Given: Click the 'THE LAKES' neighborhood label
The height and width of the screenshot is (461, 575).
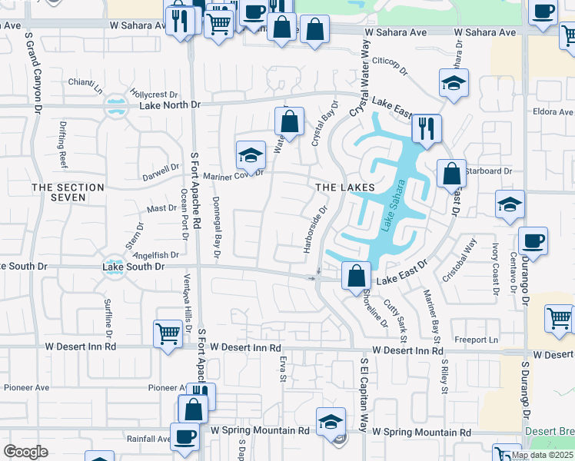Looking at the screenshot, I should tap(344, 187).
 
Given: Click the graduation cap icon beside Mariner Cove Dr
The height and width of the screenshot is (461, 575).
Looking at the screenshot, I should tap(251, 156).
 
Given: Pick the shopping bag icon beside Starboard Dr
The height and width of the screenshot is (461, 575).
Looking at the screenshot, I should tap(452, 174).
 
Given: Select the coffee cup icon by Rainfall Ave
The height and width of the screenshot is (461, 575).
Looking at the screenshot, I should tap(184, 436).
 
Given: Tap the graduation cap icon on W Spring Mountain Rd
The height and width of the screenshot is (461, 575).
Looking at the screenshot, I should tap(331, 423).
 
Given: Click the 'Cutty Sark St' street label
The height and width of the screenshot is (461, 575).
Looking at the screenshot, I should tap(400, 321).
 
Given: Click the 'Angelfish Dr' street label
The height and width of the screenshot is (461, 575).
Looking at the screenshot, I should tap(157, 254).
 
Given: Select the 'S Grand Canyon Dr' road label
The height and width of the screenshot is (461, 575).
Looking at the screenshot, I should tap(35, 71).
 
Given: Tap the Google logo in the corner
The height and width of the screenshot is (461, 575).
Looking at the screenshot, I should tap(25, 452).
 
